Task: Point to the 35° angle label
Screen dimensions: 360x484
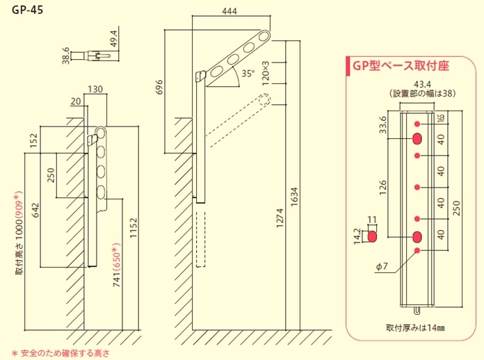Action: click(248, 73)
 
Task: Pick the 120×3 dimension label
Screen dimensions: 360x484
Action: click(266, 72)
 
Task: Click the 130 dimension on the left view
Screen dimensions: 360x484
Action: click(96, 89)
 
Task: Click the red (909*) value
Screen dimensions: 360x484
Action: click(19, 203)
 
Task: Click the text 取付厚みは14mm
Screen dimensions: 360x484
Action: click(415, 327)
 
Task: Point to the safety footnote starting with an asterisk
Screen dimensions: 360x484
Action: click(61, 353)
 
